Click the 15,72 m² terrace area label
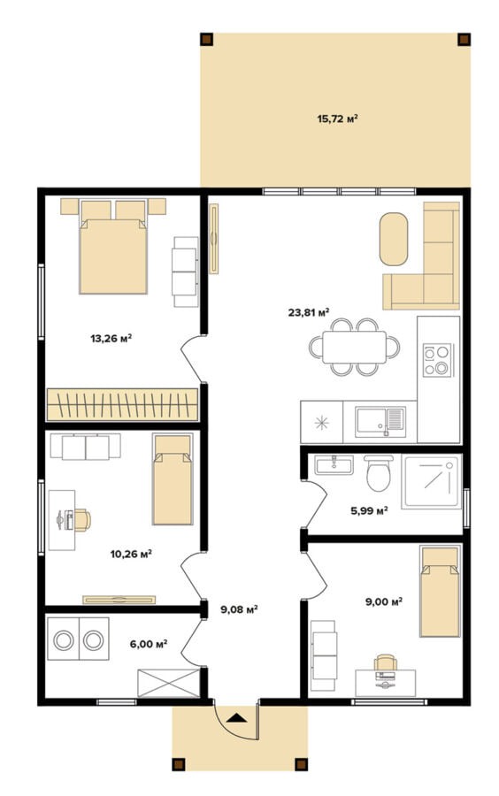click(338, 119)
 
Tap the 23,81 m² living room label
click(309, 312)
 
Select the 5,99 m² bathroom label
click(370, 510)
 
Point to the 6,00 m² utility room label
click(149, 644)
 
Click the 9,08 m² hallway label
click(239, 609)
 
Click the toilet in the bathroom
click(378, 472)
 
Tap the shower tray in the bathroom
click(431, 481)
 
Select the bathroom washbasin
click(334, 464)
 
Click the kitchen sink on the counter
click(380, 422)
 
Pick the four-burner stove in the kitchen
click(438, 360)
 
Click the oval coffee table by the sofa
click(394, 239)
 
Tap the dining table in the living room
click(354, 348)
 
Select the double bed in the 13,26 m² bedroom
click(113, 247)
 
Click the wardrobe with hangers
click(122, 404)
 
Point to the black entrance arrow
click(236, 718)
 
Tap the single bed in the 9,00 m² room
click(440, 591)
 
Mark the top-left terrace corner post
click(206, 40)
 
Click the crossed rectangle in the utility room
click(168, 683)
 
